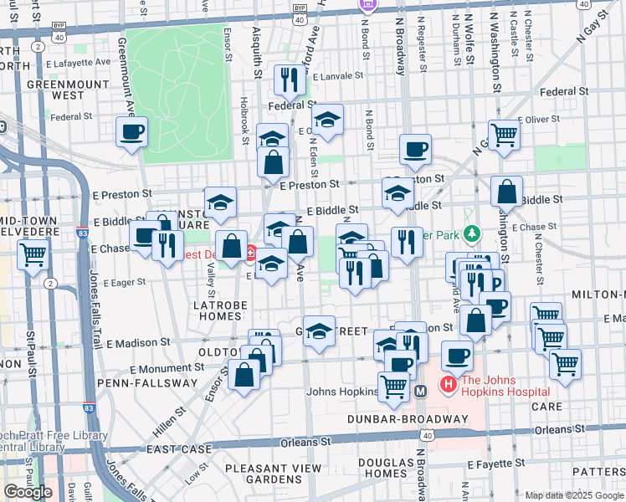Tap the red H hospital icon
point(448,385)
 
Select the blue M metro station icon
point(421,391)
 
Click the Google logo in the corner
point(28,491)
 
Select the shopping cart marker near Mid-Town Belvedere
point(33,254)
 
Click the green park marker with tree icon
point(472,232)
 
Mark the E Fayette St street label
point(494,463)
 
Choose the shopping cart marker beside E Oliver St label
point(504,135)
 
